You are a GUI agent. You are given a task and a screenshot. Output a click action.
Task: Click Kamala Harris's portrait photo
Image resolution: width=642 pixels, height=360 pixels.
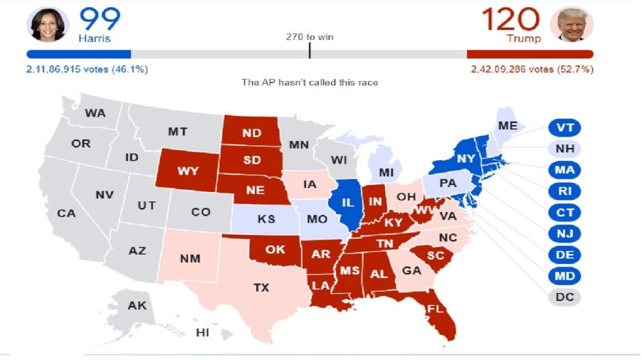click(46, 25)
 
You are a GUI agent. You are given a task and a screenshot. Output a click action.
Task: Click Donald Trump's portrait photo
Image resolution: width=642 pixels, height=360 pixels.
click(571, 25)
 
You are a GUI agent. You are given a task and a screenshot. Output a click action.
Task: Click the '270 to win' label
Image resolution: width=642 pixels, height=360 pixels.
click(310, 37)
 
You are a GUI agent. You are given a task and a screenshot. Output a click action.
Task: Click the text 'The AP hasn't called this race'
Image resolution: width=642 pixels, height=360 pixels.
click(310, 83)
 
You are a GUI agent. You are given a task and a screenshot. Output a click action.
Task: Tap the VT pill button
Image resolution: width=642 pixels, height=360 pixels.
click(565, 128)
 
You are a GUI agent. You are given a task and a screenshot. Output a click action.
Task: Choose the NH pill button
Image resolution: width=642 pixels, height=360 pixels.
click(565, 149)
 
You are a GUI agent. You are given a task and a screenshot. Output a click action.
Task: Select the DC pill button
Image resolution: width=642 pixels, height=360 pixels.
click(565, 297)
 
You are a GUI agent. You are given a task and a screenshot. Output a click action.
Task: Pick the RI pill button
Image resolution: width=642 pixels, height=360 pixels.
click(565, 191)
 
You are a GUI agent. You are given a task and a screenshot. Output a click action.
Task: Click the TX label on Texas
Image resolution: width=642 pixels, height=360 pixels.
click(261, 288)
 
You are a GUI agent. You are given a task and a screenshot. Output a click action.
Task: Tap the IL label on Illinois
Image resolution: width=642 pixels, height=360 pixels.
click(349, 203)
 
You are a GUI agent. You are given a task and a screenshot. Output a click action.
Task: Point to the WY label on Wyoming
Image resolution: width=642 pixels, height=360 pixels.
click(187, 171)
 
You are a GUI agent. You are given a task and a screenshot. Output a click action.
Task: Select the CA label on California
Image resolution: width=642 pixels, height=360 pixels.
click(66, 213)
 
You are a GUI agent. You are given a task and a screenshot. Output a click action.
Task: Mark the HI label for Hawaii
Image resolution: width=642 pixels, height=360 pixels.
click(203, 333)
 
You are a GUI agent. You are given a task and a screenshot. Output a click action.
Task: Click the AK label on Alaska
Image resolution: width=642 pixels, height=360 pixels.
click(137, 306)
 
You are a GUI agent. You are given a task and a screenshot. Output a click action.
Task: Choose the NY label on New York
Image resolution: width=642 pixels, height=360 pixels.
click(466, 159)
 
